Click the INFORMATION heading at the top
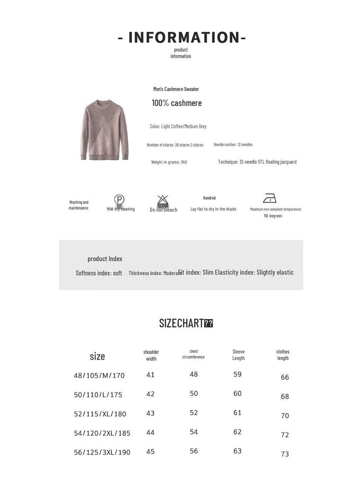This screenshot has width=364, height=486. point(182,37)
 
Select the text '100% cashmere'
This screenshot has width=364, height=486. point(176,103)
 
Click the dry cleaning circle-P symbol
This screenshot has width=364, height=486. point(119,199)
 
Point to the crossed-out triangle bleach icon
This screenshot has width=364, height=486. point(163,200)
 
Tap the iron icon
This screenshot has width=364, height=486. point(269,198)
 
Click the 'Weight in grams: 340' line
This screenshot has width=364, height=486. point(169,162)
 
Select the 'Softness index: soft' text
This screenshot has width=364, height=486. point(99,273)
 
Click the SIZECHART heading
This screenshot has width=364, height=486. point(182,323)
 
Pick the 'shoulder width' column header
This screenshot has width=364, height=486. point(151,355)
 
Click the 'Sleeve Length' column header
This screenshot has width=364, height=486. point(238,355)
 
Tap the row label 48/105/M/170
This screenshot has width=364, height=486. point(99,375)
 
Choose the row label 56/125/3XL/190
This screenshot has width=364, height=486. point(102,452)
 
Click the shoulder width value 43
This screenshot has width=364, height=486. point(150,413)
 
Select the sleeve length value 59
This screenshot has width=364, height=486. point(237,374)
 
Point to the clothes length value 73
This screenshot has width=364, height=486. point(285,454)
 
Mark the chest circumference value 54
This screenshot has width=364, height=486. point(194,432)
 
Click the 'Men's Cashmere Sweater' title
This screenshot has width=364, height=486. point(176,89)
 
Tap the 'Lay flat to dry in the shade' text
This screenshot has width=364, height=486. point(213,209)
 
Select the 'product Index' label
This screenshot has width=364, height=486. point(105,259)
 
